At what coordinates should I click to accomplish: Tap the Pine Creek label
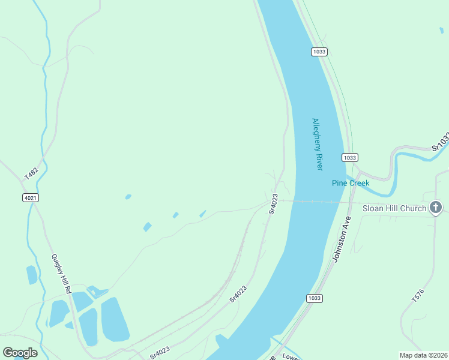click(x=351, y=182)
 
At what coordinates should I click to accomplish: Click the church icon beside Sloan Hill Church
click(x=436, y=208)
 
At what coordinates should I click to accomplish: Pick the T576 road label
click(x=418, y=295)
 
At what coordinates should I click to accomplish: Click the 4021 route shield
click(x=30, y=197)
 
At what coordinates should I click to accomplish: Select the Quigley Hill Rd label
click(x=61, y=273)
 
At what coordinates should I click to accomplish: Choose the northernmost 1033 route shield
click(x=319, y=52)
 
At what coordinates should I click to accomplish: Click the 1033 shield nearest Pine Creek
click(x=350, y=157)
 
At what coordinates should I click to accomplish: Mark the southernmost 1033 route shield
click(x=314, y=298)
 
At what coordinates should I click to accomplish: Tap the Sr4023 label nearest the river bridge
click(x=273, y=203)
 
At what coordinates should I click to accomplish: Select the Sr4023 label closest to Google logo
click(x=161, y=352)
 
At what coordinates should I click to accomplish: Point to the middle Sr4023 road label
click(x=238, y=293)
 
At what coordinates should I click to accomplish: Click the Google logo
click(x=20, y=353)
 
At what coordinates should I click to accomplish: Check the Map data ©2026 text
click(x=423, y=355)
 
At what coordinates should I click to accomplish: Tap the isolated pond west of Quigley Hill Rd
click(x=32, y=275)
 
